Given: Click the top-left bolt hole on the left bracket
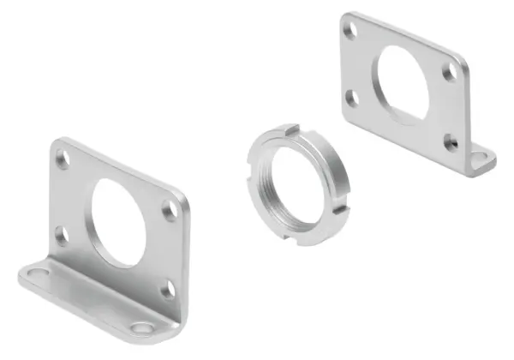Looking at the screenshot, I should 63,158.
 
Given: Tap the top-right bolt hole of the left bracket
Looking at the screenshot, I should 171,208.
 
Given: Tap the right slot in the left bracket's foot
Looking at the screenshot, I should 142,328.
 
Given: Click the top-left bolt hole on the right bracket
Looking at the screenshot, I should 349,30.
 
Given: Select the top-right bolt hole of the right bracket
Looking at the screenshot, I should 449,73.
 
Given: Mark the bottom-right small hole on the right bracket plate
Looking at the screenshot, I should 451,142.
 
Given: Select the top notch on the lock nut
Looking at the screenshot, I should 292,130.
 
